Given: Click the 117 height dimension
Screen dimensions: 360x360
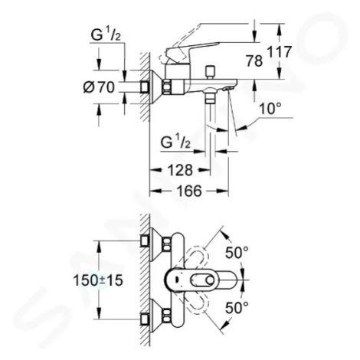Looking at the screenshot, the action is pyautogui.click(x=279, y=52).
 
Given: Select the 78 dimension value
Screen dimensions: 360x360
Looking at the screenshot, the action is pyautogui.click(x=254, y=61).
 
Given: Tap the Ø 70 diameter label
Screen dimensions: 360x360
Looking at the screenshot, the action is pyautogui.click(x=99, y=87).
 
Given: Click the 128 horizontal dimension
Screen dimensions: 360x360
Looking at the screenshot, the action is pyautogui.click(x=180, y=170).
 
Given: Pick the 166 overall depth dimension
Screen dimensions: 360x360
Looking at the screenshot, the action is pyautogui.click(x=189, y=191).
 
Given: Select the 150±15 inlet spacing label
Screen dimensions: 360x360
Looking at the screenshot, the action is pyautogui.click(x=98, y=280).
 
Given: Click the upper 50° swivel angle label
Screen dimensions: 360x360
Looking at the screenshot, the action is pyautogui.click(x=237, y=253).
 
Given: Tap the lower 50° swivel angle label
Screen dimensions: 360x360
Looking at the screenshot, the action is pyautogui.click(x=237, y=307).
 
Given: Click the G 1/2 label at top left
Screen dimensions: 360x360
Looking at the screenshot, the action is pyautogui.click(x=106, y=35).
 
